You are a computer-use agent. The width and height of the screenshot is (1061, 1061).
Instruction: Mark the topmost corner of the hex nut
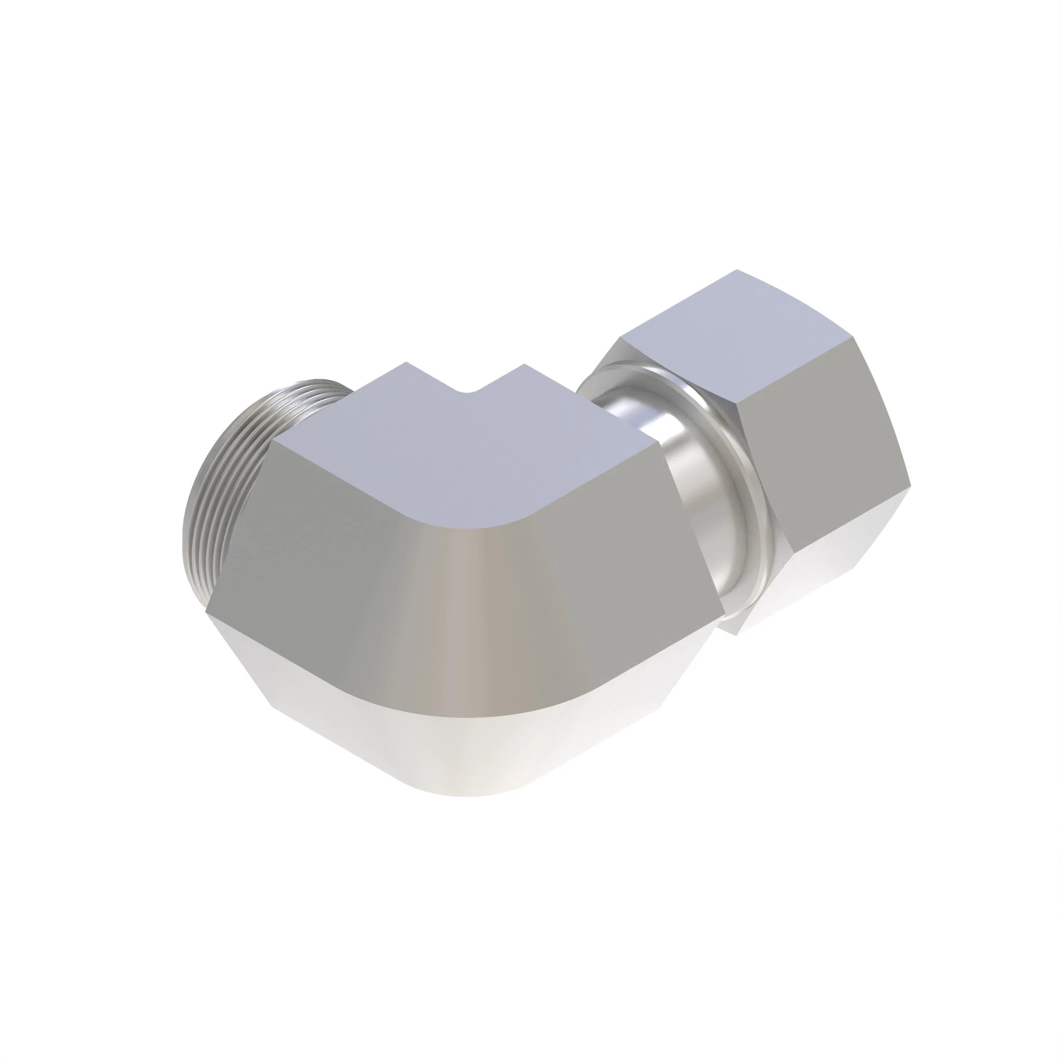pos(737,270)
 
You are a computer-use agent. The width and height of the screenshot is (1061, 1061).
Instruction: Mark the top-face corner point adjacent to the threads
pos(406,363)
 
